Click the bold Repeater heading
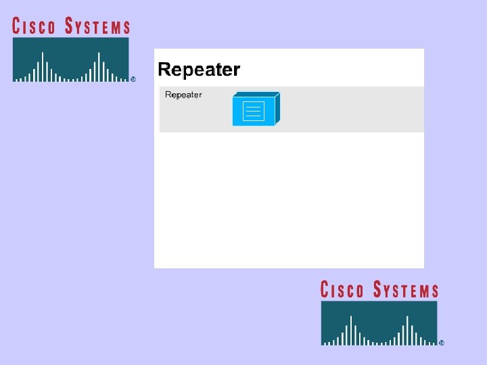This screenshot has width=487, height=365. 199,70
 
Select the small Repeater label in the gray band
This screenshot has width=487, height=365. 183,95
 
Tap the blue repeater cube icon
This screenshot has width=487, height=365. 255,109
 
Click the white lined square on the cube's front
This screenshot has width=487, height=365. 253,111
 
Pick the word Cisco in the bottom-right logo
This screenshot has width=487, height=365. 342,290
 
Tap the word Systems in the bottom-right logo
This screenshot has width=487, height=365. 406,290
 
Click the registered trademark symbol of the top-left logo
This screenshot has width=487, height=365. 133,79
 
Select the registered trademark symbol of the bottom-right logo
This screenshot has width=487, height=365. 442,343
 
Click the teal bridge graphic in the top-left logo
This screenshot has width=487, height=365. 70,59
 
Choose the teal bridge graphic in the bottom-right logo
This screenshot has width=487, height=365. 379,323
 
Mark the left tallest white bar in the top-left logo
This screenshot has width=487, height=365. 42,66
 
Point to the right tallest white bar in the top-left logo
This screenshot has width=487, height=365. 99,66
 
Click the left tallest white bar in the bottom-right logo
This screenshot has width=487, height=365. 350,330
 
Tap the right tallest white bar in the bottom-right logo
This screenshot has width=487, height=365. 407,330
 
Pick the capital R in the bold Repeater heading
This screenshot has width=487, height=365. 164,70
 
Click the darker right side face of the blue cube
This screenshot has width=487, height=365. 277,108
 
